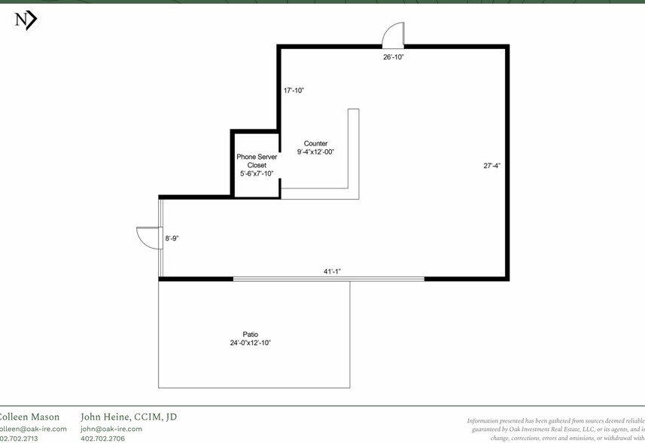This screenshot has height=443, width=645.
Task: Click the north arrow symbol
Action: pyautogui.click(x=26, y=20)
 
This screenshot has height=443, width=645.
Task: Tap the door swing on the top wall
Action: pyautogui.click(x=394, y=35)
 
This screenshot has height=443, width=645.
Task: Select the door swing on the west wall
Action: pyautogui.click(x=147, y=238)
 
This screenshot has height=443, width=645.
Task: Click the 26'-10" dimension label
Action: pyautogui.click(x=394, y=57)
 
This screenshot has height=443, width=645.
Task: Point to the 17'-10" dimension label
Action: pyautogui.click(x=294, y=90)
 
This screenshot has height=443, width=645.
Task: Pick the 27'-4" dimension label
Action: pyautogui.click(x=493, y=166)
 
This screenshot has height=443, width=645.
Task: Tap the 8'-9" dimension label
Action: pyautogui.click(x=172, y=239)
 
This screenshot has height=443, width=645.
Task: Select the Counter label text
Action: pyautogui.click(x=315, y=143)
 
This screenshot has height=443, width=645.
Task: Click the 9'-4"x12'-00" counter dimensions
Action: pyautogui.click(x=315, y=151)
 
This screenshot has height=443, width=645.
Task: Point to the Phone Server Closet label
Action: pyautogui.click(x=257, y=160)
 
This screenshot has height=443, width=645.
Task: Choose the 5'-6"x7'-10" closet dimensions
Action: pyautogui.click(x=257, y=173)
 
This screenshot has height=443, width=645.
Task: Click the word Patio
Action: pyautogui.click(x=250, y=335)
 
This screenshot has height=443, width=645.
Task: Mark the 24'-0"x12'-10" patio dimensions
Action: pyautogui.click(x=250, y=343)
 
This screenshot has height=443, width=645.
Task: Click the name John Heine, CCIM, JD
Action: pyautogui.click(x=128, y=417)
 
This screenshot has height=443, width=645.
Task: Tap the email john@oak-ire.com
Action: pyautogui.click(x=111, y=429)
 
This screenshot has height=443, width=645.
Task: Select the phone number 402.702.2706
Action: pyautogui.click(x=102, y=438)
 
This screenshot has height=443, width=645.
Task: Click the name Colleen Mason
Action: pyautogui.click(x=29, y=417)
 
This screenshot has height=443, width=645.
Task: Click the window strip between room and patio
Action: pyautogui.click(x=328, y=279)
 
